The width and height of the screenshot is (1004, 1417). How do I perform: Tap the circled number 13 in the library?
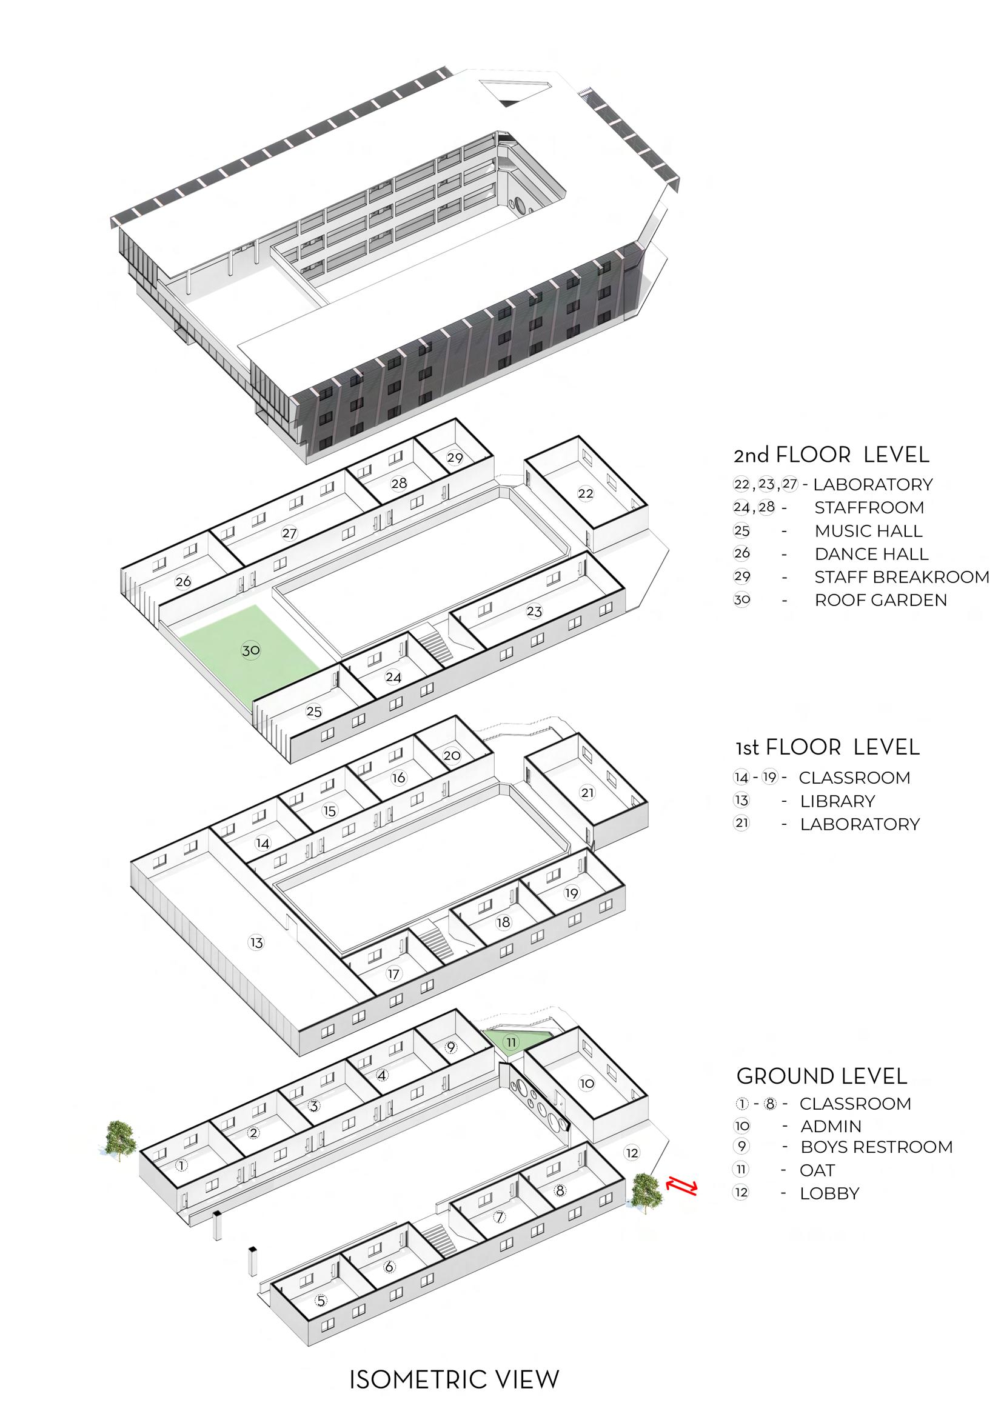(256, 942)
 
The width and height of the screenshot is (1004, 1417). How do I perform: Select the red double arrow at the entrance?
(681, 1186)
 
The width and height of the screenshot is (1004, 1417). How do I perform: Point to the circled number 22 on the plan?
(585, 493)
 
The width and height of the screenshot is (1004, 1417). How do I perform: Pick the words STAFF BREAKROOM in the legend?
(902, 576)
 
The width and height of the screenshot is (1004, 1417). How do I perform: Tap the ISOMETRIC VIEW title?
(454, 1379)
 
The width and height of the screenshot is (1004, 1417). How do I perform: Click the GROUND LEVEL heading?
(822, 1076)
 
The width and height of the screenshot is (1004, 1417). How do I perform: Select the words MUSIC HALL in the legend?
(868, 530)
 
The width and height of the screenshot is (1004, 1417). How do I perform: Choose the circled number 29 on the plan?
(455, 458)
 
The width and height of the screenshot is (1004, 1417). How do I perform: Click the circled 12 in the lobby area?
(632, 1153)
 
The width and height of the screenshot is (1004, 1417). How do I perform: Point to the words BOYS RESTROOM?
(876, 1146)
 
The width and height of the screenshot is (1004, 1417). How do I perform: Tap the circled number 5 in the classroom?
(320, 1300)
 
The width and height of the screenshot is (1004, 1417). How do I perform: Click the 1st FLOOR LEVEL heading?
(827, 747)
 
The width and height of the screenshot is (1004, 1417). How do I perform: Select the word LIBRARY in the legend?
(837, 801)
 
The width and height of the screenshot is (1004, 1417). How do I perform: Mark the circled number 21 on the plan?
(587, 792)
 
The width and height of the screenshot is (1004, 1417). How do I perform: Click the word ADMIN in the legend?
(830, 1126)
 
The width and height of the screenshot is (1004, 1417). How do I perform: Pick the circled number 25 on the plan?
(314, 712)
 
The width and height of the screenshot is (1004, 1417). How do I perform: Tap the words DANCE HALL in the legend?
(871, 554)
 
